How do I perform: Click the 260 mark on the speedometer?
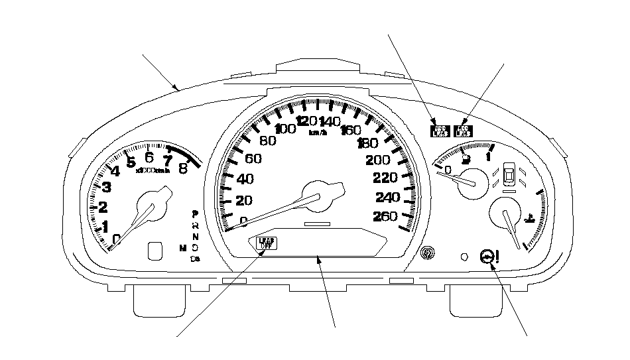[386, 216]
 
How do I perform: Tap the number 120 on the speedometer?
[307, 121]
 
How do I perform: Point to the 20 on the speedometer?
[245, 202]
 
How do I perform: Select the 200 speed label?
[378, 160]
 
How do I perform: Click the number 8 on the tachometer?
[183, 168]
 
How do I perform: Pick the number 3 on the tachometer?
[106, 188]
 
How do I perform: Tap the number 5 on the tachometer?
[131, 162]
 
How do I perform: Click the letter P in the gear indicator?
[194, 214]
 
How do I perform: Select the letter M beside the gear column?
[182, 247]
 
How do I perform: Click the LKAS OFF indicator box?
[265, 243]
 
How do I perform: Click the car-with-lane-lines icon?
[509, 176]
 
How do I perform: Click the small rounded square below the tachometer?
[155, 250]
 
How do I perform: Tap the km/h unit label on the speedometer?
[318, 132]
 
